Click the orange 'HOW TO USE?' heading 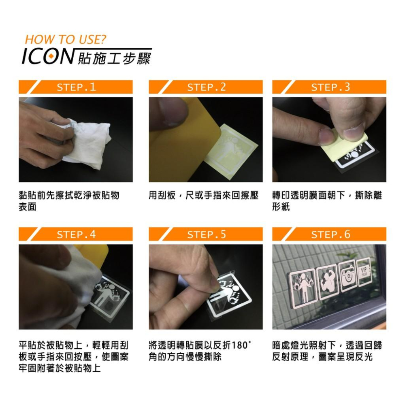65,40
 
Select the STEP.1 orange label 76,87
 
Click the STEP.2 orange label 206,87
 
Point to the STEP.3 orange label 330,87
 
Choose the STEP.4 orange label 76,234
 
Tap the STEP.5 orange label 206,234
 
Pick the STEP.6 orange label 330,234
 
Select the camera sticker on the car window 348,277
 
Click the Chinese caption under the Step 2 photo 203,196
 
